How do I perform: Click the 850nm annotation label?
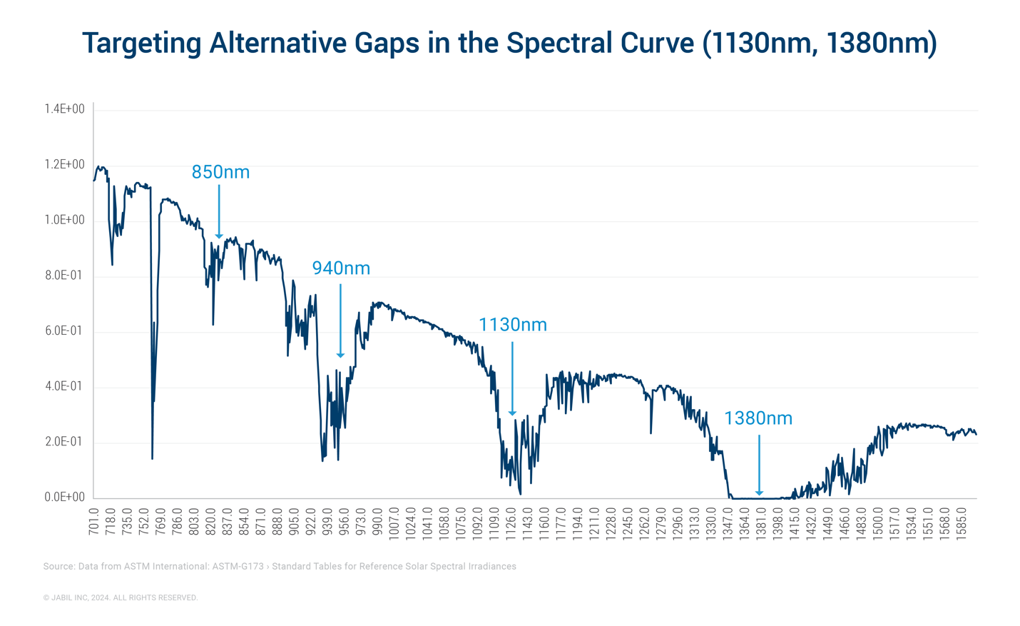220,172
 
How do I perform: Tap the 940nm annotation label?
341,268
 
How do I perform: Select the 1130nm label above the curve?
512,325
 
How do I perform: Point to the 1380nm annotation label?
758,418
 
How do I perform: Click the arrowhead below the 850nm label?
219,236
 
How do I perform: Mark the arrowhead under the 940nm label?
340,355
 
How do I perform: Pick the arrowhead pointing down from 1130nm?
512,413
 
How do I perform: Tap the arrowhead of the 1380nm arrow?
759,493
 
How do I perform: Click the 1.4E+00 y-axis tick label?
64,109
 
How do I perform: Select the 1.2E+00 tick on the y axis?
64,165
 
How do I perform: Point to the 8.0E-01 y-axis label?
64,276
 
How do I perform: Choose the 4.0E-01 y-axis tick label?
64,386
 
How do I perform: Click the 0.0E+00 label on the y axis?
64,497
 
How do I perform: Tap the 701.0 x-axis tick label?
93,520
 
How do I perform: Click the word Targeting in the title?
141,44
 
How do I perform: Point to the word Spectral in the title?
553,44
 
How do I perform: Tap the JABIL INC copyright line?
121,597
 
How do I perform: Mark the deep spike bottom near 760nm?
152,458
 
